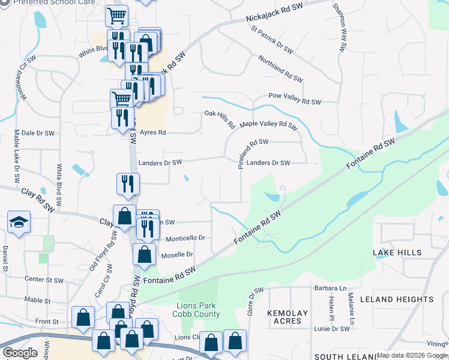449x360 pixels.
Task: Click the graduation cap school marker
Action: pos(19,223)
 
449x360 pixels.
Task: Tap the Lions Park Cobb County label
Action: pos(197,310)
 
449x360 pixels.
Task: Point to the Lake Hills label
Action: pos(397,253)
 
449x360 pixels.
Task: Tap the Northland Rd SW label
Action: pos(281,68)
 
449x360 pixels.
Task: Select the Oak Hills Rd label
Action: pos(219,119)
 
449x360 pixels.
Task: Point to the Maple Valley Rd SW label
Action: pos(268,125)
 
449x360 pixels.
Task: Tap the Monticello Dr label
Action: pos(185,238)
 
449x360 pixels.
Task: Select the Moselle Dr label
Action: pos(177,254)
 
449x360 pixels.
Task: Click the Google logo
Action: pos(20,353)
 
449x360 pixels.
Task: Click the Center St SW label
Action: pos(44,280)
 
